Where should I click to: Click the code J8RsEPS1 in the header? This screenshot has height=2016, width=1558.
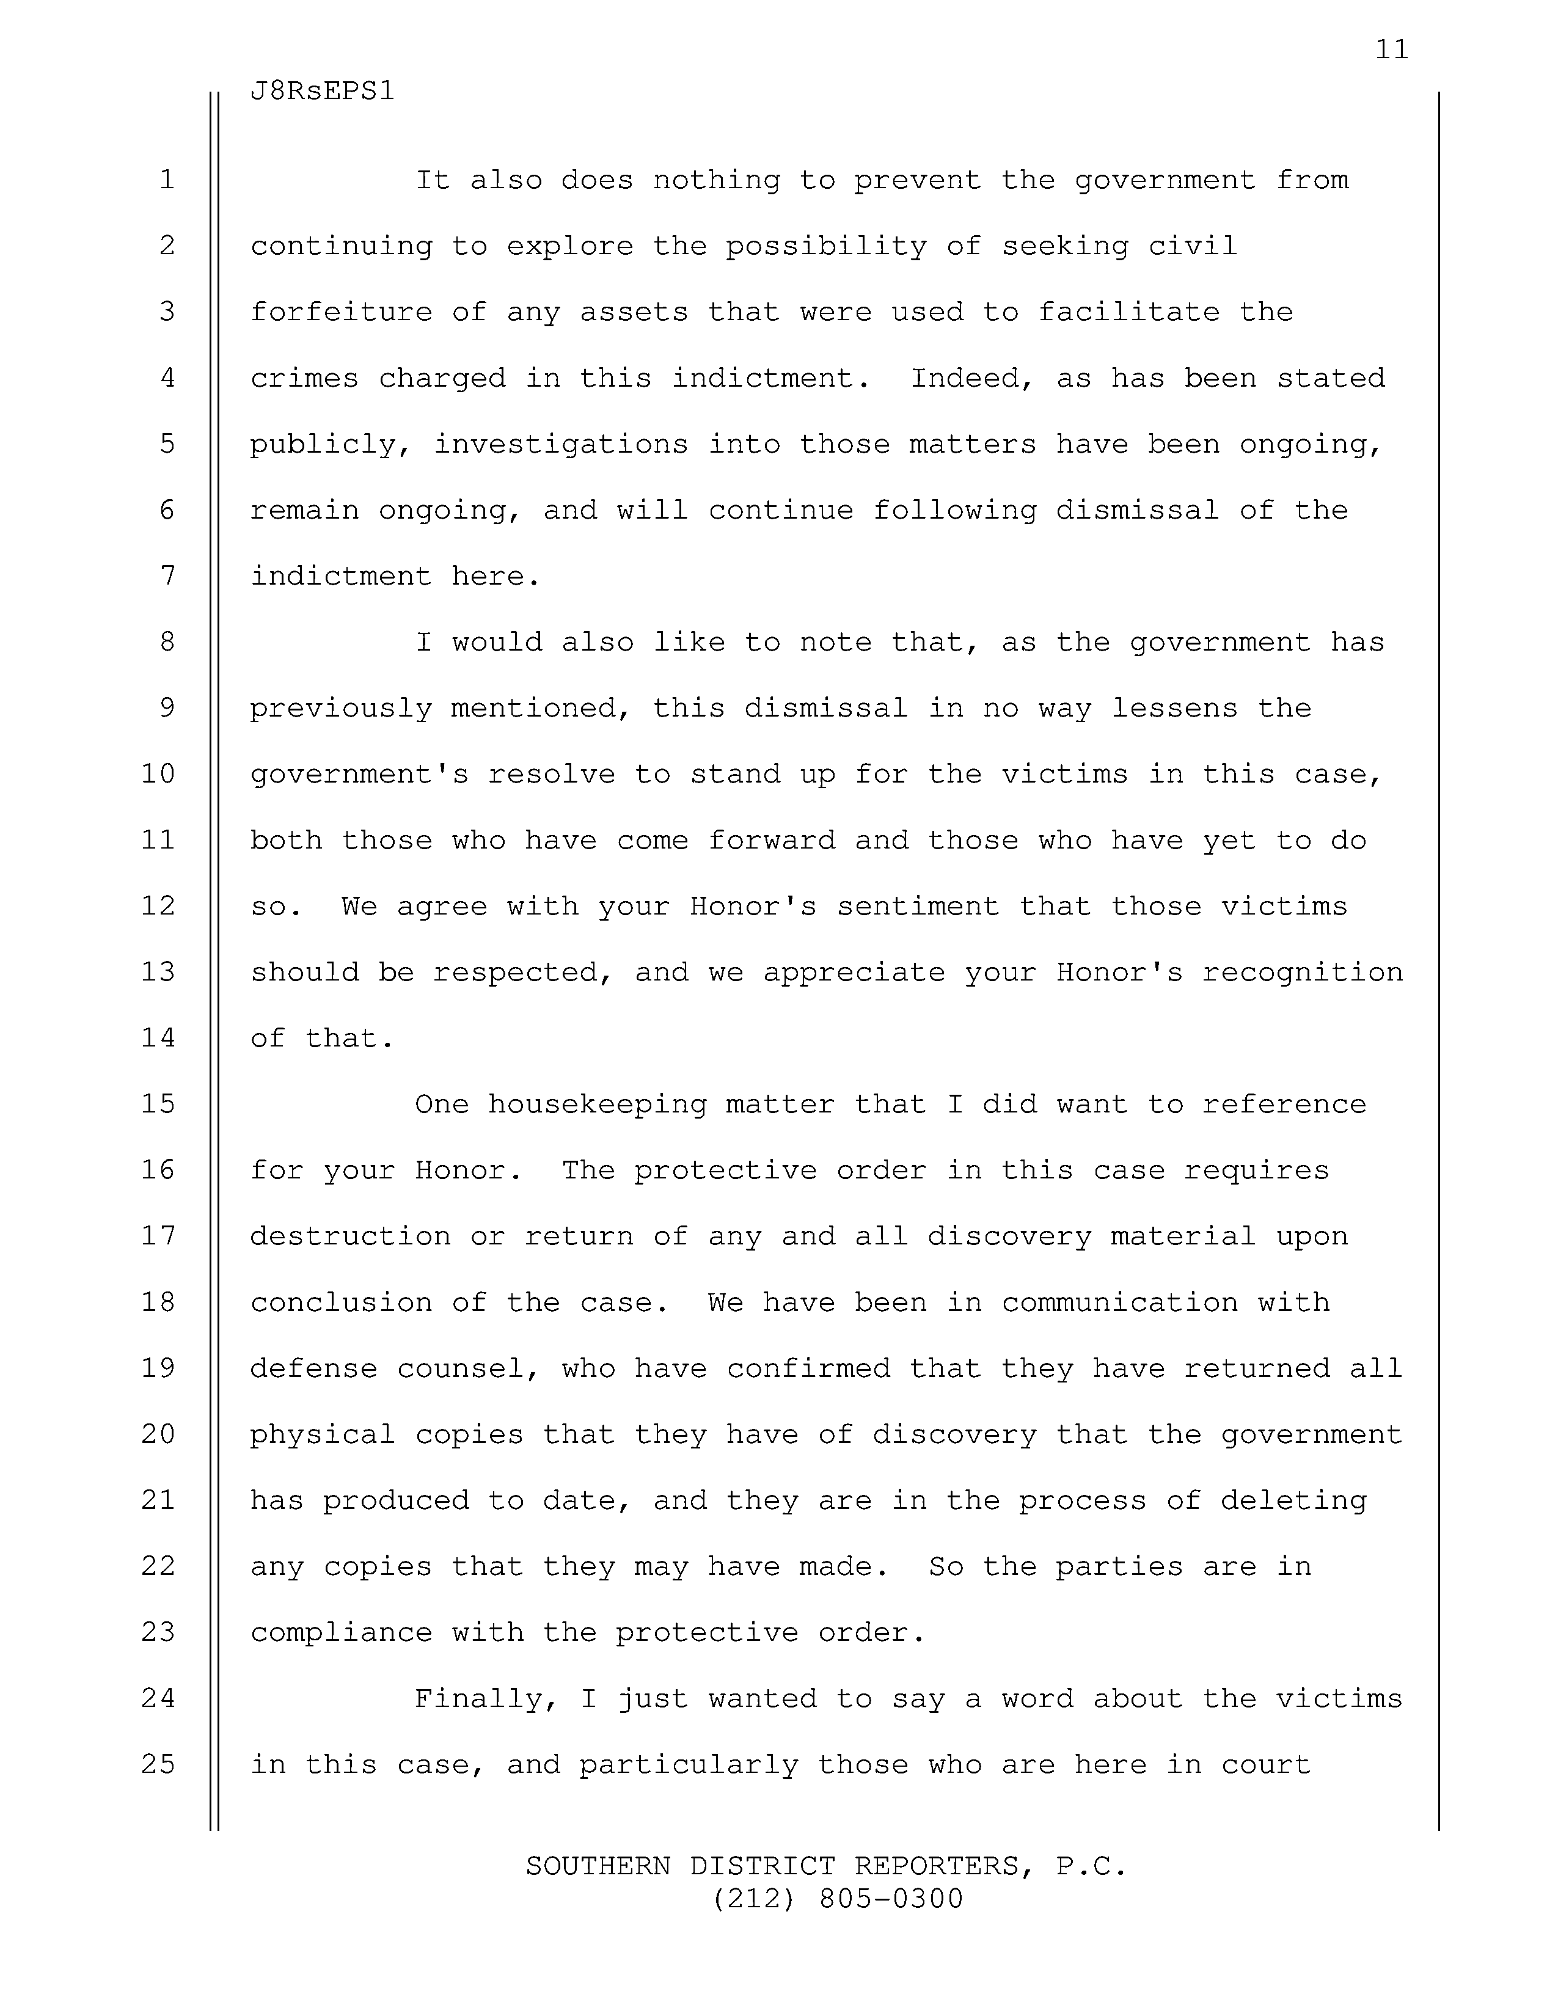322,92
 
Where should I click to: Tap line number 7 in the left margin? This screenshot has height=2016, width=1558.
167,576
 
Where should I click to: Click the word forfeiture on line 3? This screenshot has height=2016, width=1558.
340,312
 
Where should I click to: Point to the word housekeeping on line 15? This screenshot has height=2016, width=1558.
596,1104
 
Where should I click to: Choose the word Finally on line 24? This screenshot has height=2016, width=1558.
486,1698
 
